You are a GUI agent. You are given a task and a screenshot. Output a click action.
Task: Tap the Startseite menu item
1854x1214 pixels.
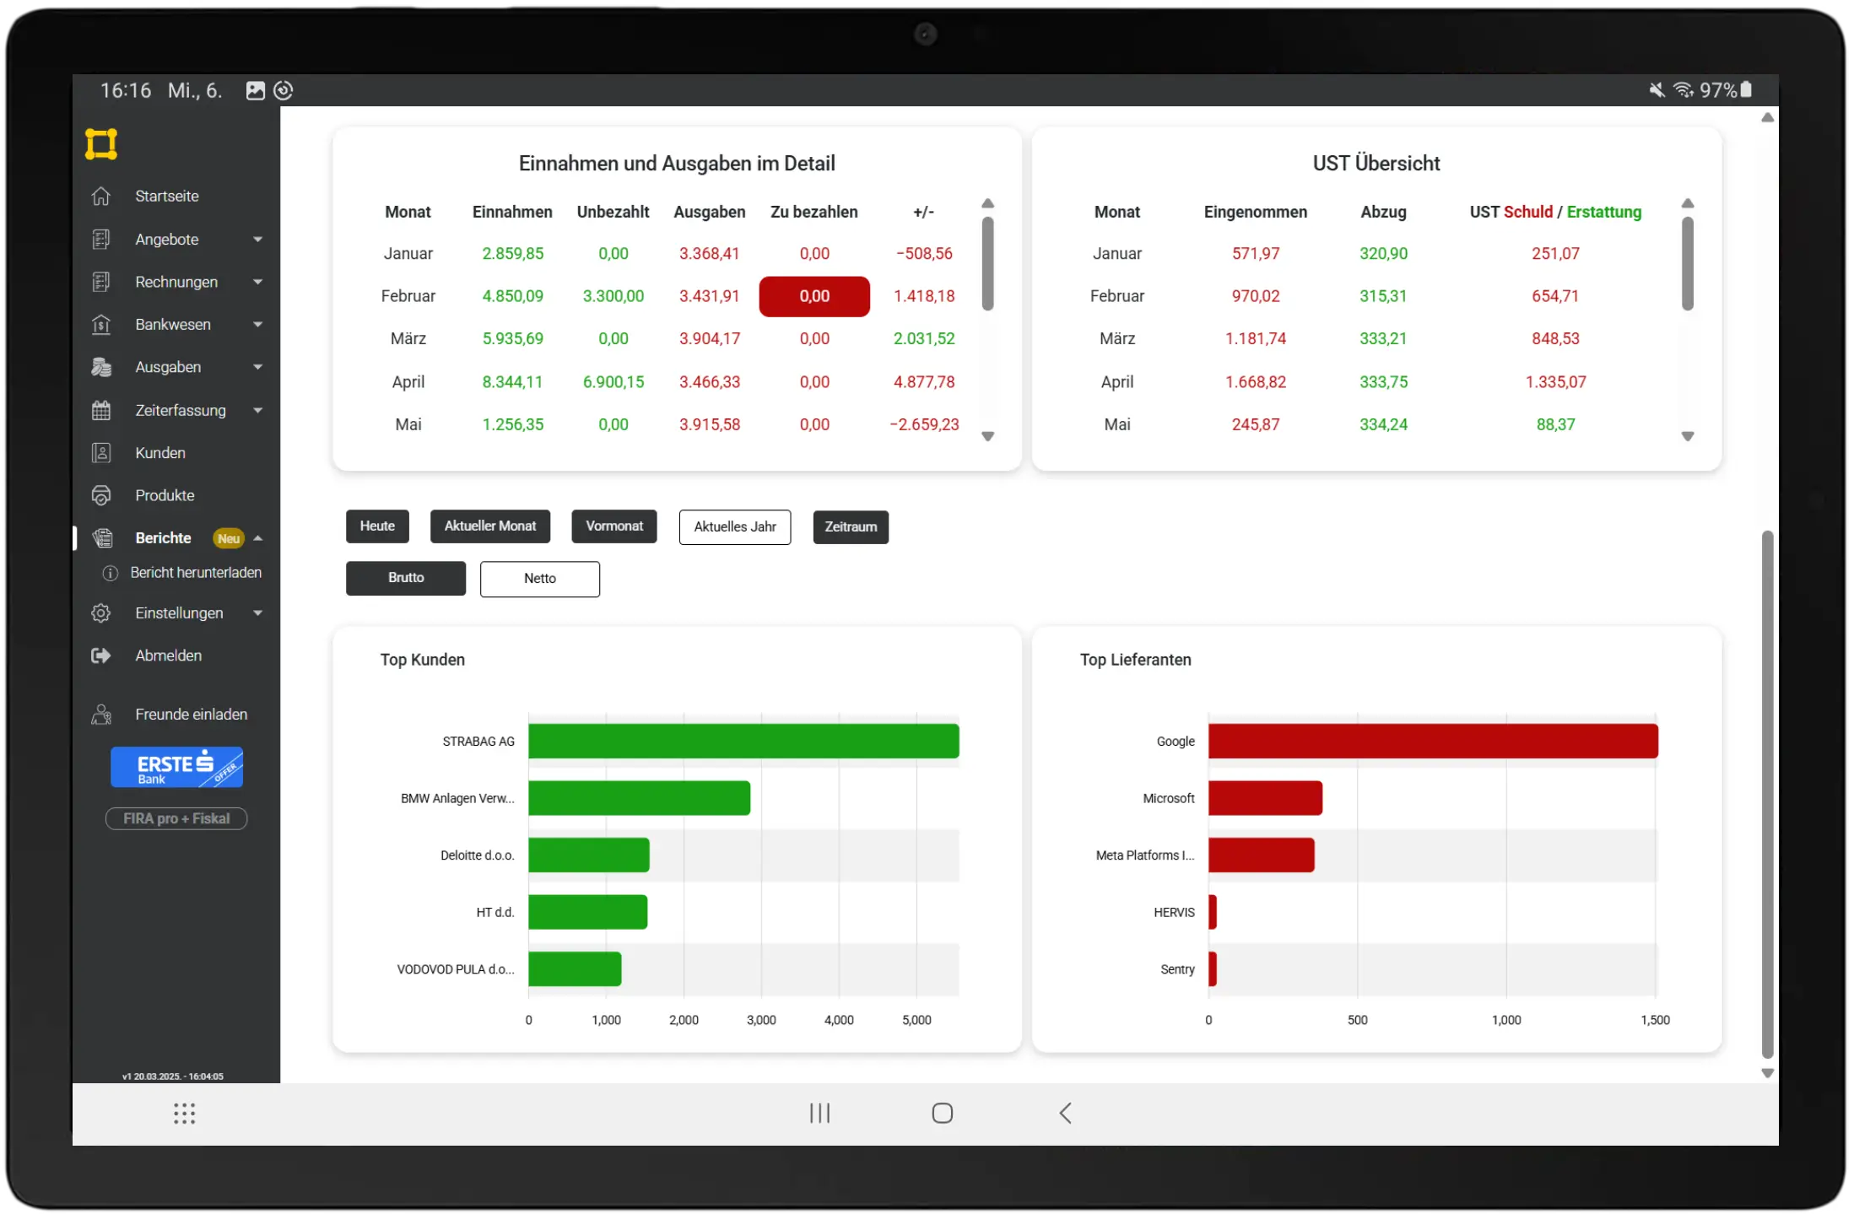pos(166,196)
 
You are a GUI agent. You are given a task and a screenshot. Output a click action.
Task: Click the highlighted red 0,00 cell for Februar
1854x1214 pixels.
pos(813,296)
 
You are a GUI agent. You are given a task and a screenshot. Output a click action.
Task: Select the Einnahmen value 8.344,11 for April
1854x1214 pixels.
pos(512,381)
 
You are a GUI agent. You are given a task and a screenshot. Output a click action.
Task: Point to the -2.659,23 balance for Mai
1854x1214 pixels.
pos(924,424)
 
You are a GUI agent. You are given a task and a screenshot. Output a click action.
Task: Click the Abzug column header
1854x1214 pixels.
pos(1382,212)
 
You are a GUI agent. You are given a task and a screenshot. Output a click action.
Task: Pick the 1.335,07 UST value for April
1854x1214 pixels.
pos(1554,381)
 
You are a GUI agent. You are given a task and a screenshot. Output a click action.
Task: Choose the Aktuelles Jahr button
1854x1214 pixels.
pos(734,526)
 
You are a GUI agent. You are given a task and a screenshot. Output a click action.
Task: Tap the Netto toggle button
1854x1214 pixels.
pos(539,578)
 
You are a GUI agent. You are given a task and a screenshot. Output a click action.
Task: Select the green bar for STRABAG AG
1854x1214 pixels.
pos(743,741)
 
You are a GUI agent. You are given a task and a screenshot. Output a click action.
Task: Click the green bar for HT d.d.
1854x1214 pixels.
pos(587,912)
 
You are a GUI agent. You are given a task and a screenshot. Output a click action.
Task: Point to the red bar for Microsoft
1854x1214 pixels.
pos(1264,798)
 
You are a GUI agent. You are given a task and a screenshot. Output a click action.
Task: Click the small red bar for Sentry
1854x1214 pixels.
pos(1212,969)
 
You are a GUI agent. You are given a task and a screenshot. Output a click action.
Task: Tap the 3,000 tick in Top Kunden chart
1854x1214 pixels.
pos(760,1020)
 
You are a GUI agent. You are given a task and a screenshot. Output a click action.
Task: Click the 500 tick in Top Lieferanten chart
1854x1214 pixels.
pos(1357,1020)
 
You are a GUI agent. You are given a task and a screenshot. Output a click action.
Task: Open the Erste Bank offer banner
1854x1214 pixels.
pos(176,767)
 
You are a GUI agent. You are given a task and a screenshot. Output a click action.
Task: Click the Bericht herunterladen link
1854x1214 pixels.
pos(196,573)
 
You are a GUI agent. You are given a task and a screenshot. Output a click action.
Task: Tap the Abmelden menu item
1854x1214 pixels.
pos(168,656)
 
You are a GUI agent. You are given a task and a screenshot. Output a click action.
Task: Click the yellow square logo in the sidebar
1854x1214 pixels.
pos(100,143)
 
